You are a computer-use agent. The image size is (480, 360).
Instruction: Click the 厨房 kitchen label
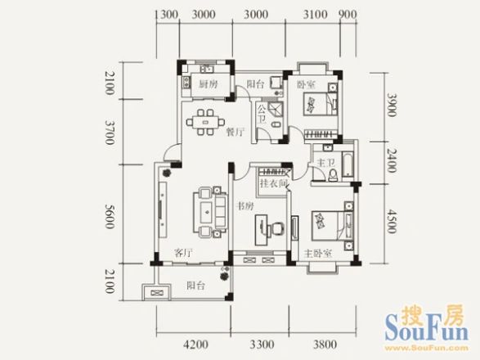(x=209, y=84)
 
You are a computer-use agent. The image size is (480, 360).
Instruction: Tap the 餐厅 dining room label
(x=236, y=132)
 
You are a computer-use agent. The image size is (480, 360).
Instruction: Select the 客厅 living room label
(x=183, y=253)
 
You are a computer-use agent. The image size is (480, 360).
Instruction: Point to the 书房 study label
(x=244, y=206)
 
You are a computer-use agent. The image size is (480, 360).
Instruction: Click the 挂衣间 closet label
(x=274, y=183)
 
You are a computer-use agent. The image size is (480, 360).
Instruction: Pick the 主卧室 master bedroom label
(x=318, y=254)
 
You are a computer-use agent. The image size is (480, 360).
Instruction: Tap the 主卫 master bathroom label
(x=325, y=163)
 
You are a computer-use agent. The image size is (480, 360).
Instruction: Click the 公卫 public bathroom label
(x=262, y=115)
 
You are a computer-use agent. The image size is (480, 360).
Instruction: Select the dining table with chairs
(x=205, y=122)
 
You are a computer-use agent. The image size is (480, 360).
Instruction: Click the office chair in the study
(x=276, y=229)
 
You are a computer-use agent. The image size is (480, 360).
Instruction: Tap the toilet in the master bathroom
(x=333, y=175)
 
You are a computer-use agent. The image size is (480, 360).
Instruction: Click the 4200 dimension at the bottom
(x=195, y=344)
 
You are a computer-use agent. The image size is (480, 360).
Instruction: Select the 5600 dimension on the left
(x=110, y=216)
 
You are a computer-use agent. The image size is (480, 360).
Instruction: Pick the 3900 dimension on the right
(x=391, y=105)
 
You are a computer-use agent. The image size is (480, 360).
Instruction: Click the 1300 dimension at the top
(x=167, y=14)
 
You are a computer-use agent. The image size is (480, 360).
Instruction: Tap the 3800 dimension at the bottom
(x=325, y=344)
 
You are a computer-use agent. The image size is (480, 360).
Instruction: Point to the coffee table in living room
(x=208, y=212)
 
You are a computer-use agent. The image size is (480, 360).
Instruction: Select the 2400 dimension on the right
(x=391, y=160)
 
